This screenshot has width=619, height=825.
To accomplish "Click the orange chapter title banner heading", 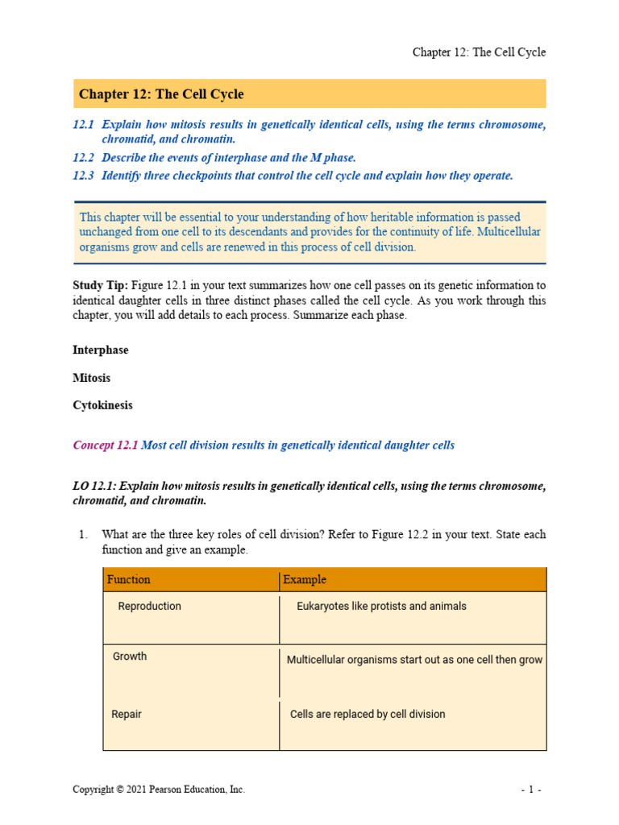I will coord(161,94).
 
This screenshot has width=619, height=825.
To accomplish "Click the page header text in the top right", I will coord(479,52).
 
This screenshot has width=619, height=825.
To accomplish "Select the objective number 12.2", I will coord(84,158).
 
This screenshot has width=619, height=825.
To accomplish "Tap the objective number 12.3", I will coord(84,176).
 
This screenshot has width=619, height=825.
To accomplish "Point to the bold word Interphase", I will coord(100,350).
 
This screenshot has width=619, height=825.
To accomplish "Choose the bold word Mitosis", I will coord(91,378).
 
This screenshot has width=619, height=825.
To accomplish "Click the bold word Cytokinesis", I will coord(102,405).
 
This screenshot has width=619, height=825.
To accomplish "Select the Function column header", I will coord(128,579).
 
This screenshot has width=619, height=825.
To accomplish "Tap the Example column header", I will coord(305,579).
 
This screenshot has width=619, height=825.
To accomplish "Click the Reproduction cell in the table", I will coord(149,606).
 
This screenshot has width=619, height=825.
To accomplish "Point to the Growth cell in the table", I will coord(130,656).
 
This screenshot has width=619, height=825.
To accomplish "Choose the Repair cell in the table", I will coord(127,714).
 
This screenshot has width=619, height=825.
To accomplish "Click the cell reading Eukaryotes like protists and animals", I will coord(381,606).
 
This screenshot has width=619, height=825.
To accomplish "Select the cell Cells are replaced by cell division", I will coord(368,714).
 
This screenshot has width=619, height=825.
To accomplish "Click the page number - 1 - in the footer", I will coord(530,790).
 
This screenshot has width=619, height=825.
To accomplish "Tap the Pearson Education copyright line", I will coord(159,790).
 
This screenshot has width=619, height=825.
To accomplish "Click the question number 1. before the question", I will coord(82,534).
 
